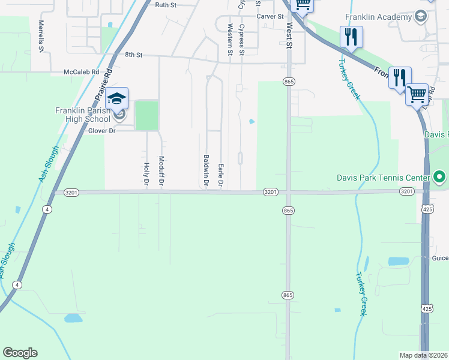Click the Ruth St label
pos(165,5)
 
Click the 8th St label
pos(133,55)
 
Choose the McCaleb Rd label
pos(81,72)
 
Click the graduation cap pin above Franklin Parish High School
pos(118,98)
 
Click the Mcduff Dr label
pos(161,171)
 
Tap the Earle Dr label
pos(221,175)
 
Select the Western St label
pos(230,39)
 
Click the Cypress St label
pos(242,39)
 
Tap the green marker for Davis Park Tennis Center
pos(439,177)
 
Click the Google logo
pos(20,353)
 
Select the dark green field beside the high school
pos(146,115)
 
